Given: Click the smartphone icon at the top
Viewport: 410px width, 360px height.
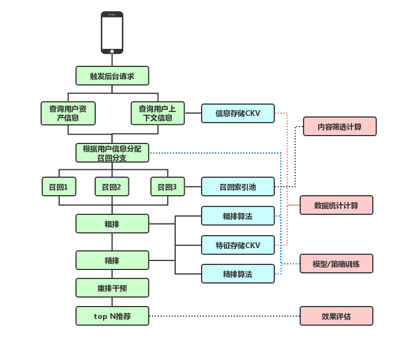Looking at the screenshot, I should pyautogui.click(x=112, y=33).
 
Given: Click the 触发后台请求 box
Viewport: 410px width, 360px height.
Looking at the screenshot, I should pyautogui.click(x=112, y=76).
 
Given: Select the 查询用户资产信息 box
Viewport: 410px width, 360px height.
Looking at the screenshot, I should pyautogui.click(x=68, y=113).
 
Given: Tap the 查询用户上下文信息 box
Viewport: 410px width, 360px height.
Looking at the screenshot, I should pyautogui.click(x=158, y=113).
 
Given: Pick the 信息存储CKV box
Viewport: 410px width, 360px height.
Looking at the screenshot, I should pyautogui.click(x=238, y=113).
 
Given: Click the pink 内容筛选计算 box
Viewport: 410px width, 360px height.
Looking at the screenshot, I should pyautogui.click(x=340, y=127).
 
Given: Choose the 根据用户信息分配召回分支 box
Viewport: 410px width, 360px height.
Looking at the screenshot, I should pyautogui.click(x=112, y=153).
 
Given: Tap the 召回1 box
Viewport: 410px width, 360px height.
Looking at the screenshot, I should pyautogui.click(x=59, y=187).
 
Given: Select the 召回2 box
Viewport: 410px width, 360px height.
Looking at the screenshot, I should pyautogui.click(x=112, y=187).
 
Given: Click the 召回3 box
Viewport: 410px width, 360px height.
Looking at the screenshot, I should pyautogui.click(x=167, y=187).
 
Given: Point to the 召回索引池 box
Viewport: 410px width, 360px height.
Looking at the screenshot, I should pyautogui.click(x=238, y=187).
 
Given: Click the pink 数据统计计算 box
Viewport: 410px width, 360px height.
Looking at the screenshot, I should pyautogui.click(x=336, y=205).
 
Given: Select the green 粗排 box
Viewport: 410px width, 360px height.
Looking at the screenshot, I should pyautogui.click(x=112, y=224).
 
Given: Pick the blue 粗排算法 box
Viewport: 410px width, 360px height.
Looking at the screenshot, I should pyautogui.click(x=238, y=216).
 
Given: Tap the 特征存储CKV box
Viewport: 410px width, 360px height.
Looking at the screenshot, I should pyautogui.click(x=238, y=245).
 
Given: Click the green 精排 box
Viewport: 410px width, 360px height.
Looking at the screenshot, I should pyautogui.click(x=112, y=260).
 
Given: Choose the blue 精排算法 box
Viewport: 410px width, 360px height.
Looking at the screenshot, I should pyautogui.click(x=238, y=274).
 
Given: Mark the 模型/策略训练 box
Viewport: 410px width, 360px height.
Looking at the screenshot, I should pyautogui.click(x=336, y=264).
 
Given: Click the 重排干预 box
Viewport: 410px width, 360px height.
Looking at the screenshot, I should pyautogui.click(x=112, y=288).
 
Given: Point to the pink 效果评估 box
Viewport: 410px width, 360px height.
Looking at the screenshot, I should pyautogui.click(x=336, y=316).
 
